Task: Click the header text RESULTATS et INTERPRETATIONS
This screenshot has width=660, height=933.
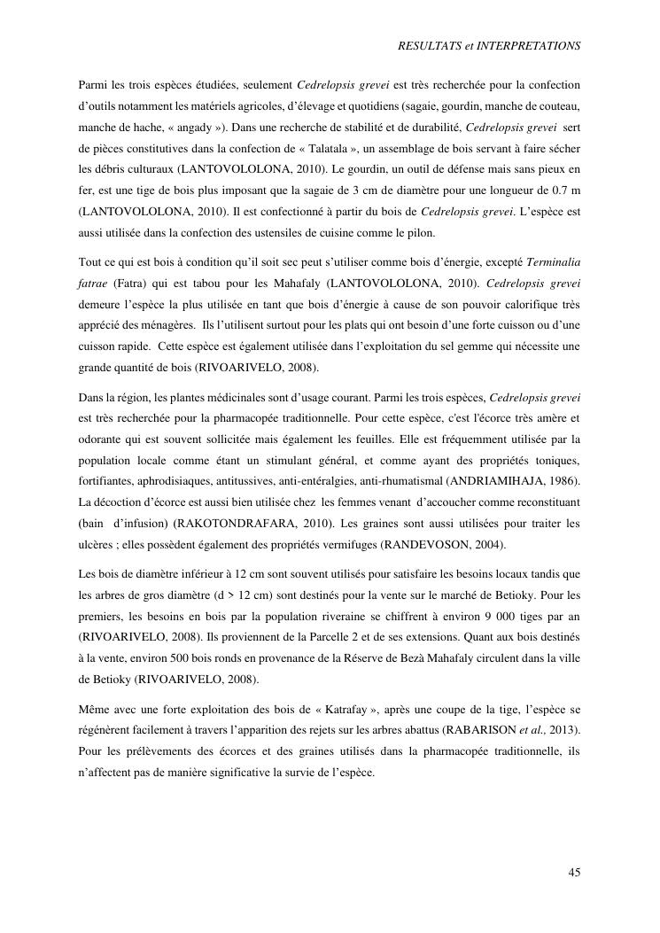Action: [490, 43]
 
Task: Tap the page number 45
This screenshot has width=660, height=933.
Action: [574, 873]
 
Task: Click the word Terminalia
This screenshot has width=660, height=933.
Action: [554, 262]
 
